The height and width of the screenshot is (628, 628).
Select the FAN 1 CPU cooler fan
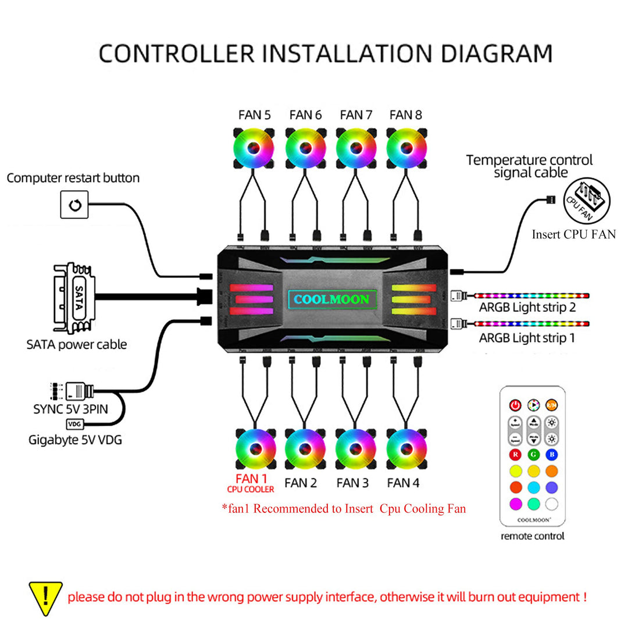point(255,448)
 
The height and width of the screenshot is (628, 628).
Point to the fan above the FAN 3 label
point(355,448)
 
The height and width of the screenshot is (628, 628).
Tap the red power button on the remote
point(515,405)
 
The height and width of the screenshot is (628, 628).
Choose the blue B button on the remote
point(552,454)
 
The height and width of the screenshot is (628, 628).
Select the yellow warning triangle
point(45,598)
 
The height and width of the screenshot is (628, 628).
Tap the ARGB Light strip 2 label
point(527,307)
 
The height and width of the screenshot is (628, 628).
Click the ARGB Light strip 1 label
point(527,338)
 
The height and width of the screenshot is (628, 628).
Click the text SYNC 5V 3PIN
point(70,409)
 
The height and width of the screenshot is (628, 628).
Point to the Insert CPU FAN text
point(573,235)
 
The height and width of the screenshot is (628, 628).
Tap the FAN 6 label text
point(305,115)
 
